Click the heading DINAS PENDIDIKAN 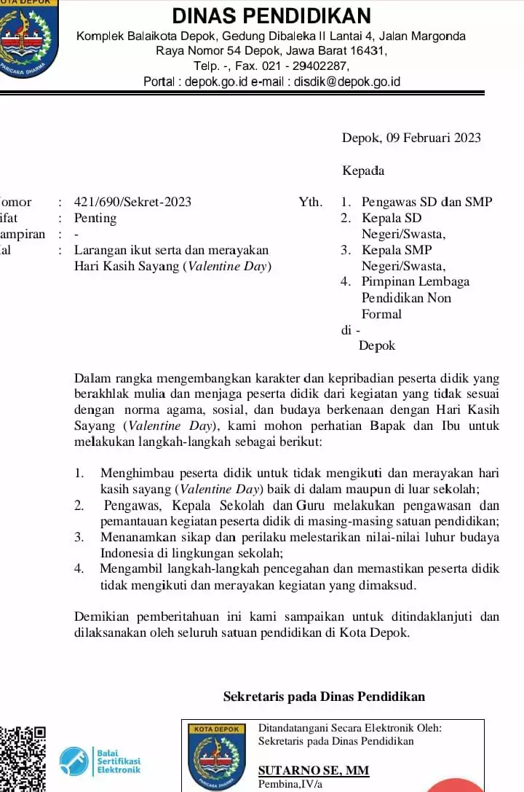(271, 15)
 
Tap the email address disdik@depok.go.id (347, 82)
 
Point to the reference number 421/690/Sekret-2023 (132, 202)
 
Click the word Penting (95, 218)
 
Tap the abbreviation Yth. (310, 202)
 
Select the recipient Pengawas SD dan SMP (426, 202)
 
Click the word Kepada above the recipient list (363, 170)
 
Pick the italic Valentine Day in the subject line (227, 266)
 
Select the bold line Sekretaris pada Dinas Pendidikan (324, 697)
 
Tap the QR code (22, 758)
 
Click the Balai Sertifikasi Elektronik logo (100, 760)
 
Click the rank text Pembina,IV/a (289, 785)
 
